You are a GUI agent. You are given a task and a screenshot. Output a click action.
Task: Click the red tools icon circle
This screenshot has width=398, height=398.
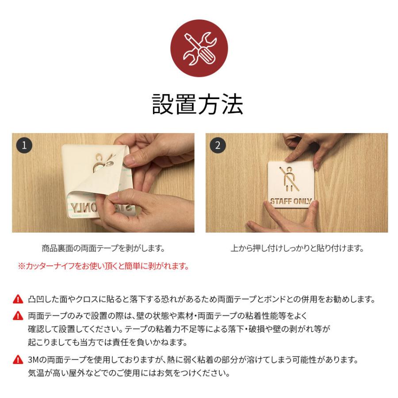[199, 48]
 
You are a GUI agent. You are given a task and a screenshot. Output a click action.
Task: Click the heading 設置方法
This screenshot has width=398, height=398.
[198, 104]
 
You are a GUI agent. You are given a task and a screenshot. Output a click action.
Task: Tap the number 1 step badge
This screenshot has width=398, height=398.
[24, 145]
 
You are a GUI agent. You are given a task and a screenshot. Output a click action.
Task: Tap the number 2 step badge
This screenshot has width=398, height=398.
[218, 145]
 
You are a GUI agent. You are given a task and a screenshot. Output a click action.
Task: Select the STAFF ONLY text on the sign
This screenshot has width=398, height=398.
[291, 202]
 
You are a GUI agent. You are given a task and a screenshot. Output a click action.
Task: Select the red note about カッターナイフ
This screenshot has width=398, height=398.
[103, 266]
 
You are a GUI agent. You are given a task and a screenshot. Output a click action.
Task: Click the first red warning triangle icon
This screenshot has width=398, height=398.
[18, 299]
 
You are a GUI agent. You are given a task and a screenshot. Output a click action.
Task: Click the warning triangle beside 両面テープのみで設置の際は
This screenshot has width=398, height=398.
[18, 316]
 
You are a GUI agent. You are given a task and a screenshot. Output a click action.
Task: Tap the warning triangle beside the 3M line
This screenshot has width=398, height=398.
[18, 360]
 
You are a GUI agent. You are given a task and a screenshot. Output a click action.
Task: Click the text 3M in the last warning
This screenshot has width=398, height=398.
[33, 360]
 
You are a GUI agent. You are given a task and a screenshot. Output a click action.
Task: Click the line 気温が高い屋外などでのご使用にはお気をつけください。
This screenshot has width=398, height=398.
[129, 373]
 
